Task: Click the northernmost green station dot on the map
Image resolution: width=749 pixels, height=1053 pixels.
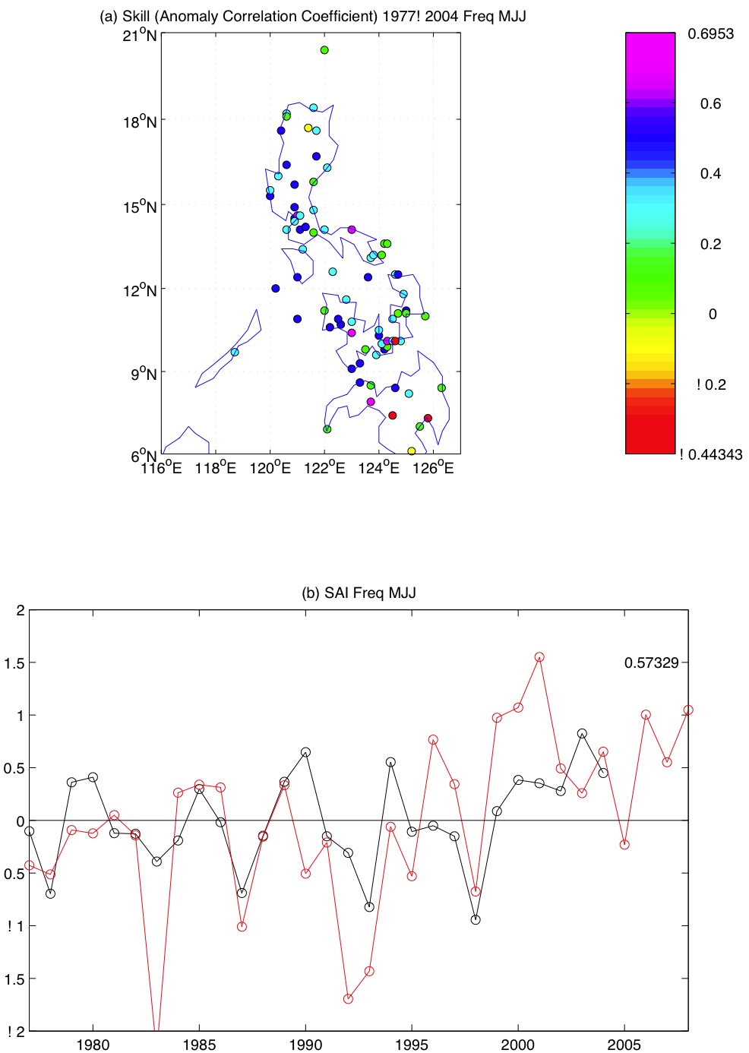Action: [324, 50]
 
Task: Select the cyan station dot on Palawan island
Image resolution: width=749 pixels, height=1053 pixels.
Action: [235, 352]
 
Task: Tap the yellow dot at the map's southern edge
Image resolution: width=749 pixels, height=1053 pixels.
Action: [411, 451]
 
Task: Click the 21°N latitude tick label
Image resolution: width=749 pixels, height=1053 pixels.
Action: [140, 36]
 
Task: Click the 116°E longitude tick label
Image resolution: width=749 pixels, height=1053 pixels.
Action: [161, 468]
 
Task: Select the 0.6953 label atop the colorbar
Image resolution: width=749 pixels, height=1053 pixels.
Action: [710, 33]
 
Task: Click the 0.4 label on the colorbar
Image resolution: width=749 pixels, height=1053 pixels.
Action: [710, 174]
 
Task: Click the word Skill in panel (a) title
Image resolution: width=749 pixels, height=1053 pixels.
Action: [137, 16]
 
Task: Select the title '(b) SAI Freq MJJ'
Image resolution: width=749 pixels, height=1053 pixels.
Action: [359, 593]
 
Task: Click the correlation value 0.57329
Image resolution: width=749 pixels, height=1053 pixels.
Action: [651, 662]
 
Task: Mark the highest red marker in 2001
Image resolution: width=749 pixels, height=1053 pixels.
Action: [539, 657]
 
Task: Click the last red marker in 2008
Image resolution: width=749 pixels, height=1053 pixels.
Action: [688, 710]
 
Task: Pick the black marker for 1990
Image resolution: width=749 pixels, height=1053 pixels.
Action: [305, 752]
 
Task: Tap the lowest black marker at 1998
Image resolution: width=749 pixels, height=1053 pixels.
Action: [476, 919]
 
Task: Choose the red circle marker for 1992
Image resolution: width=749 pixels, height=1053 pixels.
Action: [348, 999]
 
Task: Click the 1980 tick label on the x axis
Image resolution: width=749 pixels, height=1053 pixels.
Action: [93, 1044]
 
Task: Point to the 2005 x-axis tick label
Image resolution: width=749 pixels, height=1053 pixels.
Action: [624, 1044]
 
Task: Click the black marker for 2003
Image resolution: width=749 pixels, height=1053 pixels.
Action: [582, 734]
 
